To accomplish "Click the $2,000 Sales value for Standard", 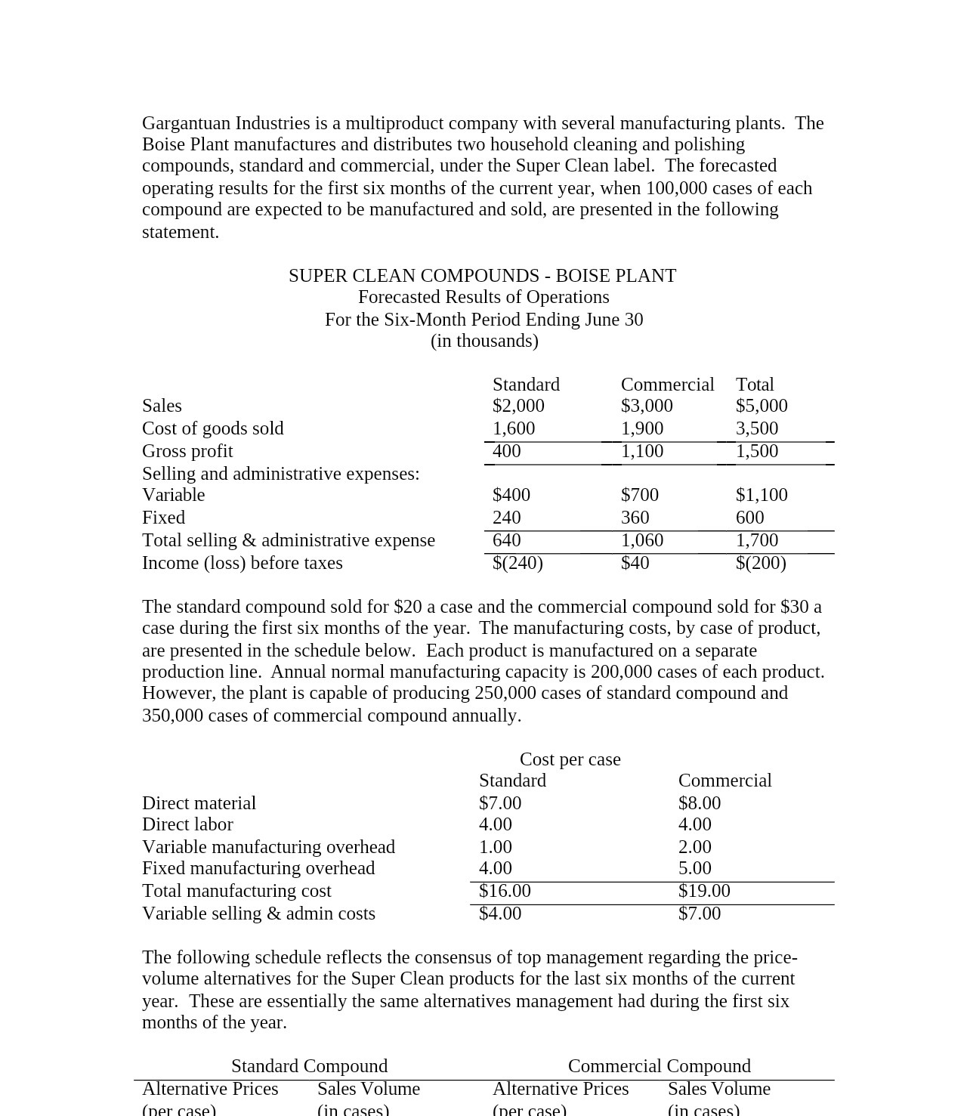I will [x=518, y=406].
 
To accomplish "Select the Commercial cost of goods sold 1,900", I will [x=642, y=428].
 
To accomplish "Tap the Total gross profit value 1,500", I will [x=757, y=451].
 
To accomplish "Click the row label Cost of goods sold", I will [x=212, y=428].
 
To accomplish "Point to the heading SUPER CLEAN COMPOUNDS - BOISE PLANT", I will [x=482, y=276].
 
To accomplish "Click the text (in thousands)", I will [x=484, y=341].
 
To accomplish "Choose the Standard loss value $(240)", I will [x=517, y=563].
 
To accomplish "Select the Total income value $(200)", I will [x=761, y=563].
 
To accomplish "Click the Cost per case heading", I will [x=570, y=759].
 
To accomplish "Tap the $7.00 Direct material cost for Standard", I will [x=500, y=803].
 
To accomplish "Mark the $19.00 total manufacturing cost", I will [x=704, y=891].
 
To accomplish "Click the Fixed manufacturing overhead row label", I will [x=258, y=868].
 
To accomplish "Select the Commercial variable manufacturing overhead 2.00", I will [x=694, y=847].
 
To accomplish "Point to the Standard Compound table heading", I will [x=309, y=1066].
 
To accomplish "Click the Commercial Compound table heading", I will [x=659, y=1066].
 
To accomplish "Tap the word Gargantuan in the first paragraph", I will [x=186, y=123].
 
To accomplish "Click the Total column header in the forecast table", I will [x=755, y=385].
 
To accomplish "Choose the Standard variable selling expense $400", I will [x=511, y=495].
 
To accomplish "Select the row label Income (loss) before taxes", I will [x=242, y=563].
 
